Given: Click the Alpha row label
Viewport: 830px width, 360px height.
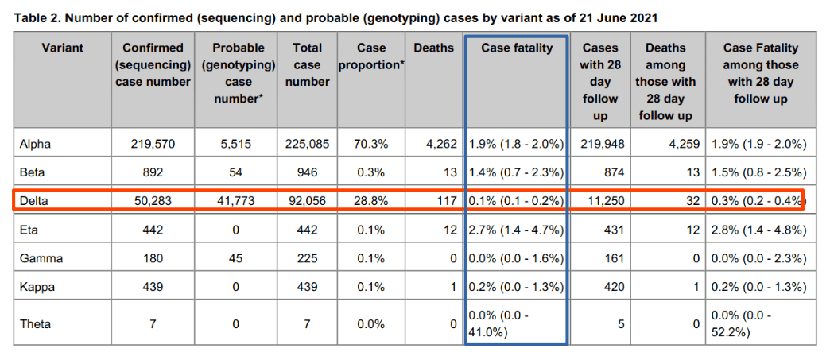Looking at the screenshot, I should click(37, 144).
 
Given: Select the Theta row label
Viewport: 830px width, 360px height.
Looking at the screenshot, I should click(37, 323).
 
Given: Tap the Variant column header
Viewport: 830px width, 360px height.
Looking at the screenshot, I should click(64, 48).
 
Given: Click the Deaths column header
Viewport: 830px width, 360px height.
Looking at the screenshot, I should click(433, 48).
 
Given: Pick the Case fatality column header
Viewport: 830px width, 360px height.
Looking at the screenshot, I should click(517, 48).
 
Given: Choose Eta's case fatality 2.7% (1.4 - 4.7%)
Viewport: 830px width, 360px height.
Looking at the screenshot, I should click(517, 230).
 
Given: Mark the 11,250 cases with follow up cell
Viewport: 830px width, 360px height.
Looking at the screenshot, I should click(601, 201).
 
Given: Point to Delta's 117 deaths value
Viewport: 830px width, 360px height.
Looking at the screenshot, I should click(445, 201).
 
